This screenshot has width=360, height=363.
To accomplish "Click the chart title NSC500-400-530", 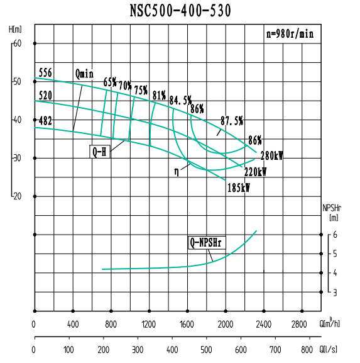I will [180, 11].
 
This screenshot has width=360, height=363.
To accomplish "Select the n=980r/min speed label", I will [288, 34].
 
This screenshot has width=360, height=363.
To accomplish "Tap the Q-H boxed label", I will [99, 152].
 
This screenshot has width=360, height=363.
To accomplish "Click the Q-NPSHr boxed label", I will [208, 243].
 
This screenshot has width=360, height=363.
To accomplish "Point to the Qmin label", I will [84, 74].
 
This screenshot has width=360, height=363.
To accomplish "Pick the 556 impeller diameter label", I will [45, 73].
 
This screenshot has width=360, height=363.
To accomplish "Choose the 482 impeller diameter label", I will [45, 120].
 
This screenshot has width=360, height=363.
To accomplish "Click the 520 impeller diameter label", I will [45, 96].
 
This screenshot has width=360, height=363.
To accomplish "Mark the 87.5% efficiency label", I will [232, 120].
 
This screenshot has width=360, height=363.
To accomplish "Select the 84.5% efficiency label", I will [180, 100].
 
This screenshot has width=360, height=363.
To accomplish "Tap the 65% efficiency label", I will [110, 82].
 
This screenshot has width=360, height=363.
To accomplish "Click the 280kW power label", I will [272, 156].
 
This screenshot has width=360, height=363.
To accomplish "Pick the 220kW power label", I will [255, 172].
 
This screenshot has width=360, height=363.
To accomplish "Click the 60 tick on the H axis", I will [17, 43].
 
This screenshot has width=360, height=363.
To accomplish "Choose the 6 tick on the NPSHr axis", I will [335, 235].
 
